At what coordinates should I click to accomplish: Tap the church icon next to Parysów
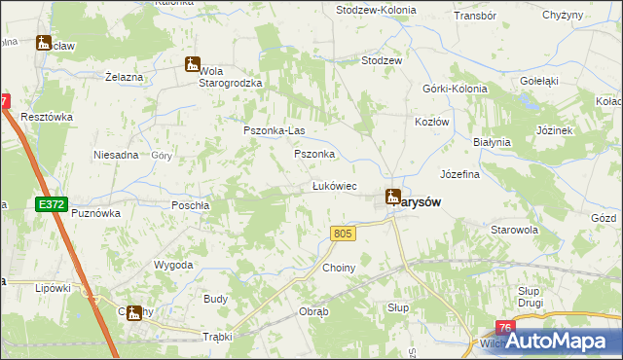(x=391, y=197)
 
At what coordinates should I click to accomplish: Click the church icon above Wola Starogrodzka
(x=192, y=65)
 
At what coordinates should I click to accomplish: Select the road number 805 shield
(x=342, y=234)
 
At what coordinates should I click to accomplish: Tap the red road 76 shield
(x=504, y=329)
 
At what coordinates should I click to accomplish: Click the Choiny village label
(x=339, y=268)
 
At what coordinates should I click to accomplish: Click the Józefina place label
(x=460, y=175)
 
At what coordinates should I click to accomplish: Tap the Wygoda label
(x=173, y=265)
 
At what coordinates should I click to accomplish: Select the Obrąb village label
(x=313, y=312)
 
